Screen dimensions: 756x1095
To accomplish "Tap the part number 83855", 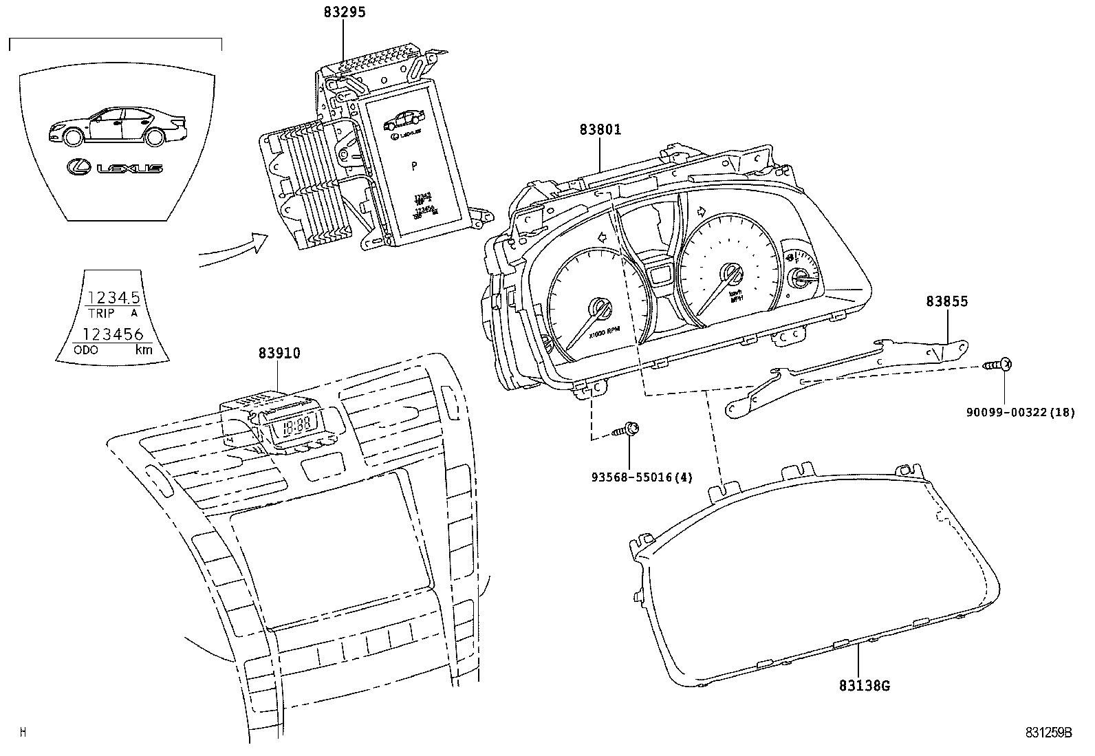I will pyautogui.click(x=946, y=301).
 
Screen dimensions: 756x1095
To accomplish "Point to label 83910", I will pyautogui.click(x=279, y=354).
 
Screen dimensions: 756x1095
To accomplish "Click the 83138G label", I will pyautogui.click(x=864, y=685).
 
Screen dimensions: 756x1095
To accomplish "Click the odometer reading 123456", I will pyautogui.click(x=113, y=335).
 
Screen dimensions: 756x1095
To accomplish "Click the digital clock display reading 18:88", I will pyautogui.click(x=296, y=424).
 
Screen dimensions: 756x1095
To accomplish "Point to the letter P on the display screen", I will pyautogui.click(x=414, y=166).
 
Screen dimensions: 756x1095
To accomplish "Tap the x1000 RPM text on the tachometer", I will pyautogui.click(x=604, y=334).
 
